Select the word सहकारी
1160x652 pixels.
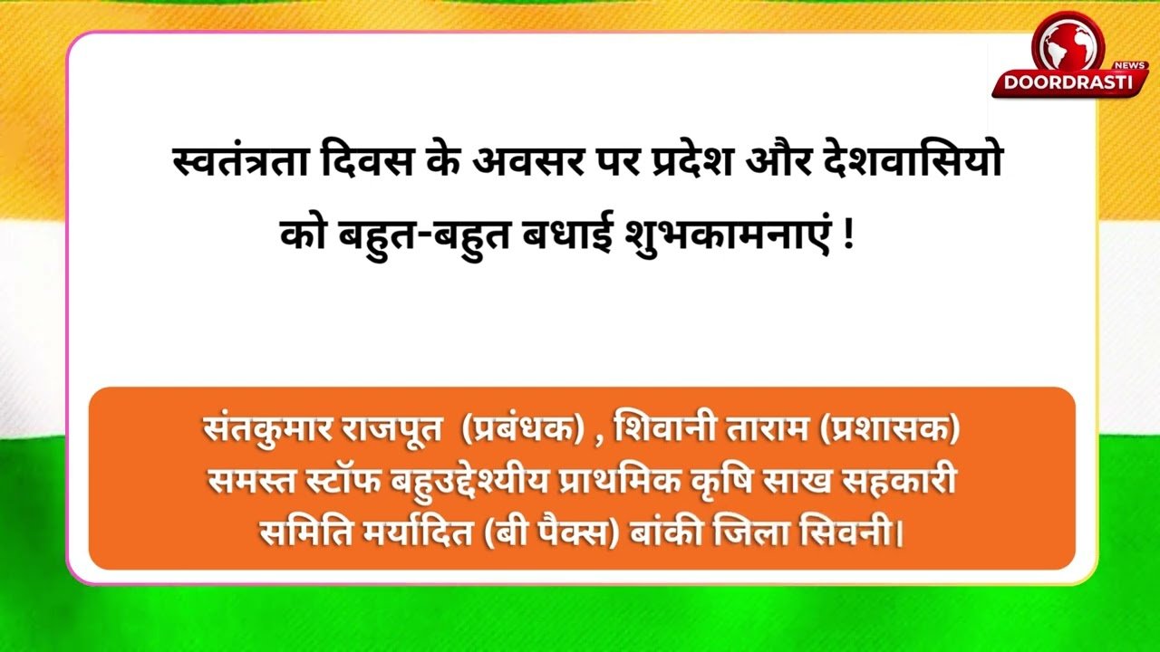(x=898, y=480)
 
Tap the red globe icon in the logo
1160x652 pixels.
(x=1068, y=45)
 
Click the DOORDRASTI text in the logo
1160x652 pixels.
(x=1068, y=82)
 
